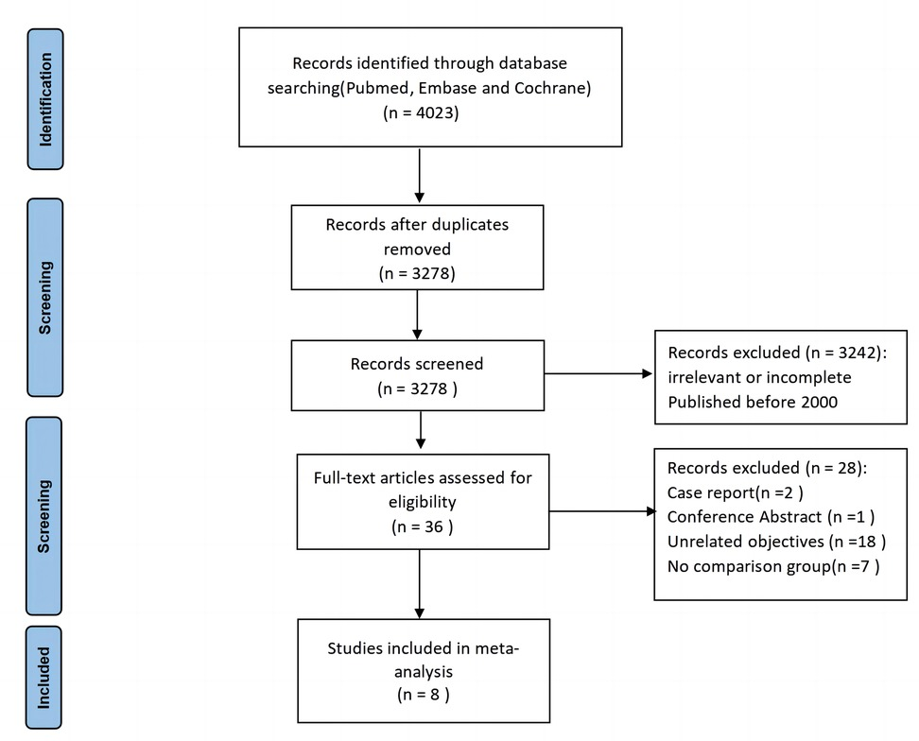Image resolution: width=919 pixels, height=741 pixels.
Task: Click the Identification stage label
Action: pos(45,98)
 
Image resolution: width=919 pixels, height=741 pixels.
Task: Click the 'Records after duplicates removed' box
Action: pos(417,248)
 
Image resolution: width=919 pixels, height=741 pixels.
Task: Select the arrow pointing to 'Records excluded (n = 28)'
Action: pos(601,512)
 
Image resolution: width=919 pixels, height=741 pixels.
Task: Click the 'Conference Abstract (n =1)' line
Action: pos(771,517)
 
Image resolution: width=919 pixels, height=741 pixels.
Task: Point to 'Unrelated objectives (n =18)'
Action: pos(775,542)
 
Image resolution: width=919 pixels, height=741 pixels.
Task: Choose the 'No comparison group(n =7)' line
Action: pos(773,567)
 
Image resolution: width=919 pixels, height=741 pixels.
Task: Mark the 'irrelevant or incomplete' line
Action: pos(759,377)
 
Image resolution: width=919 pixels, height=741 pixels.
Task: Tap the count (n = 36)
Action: pos(423,526)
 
